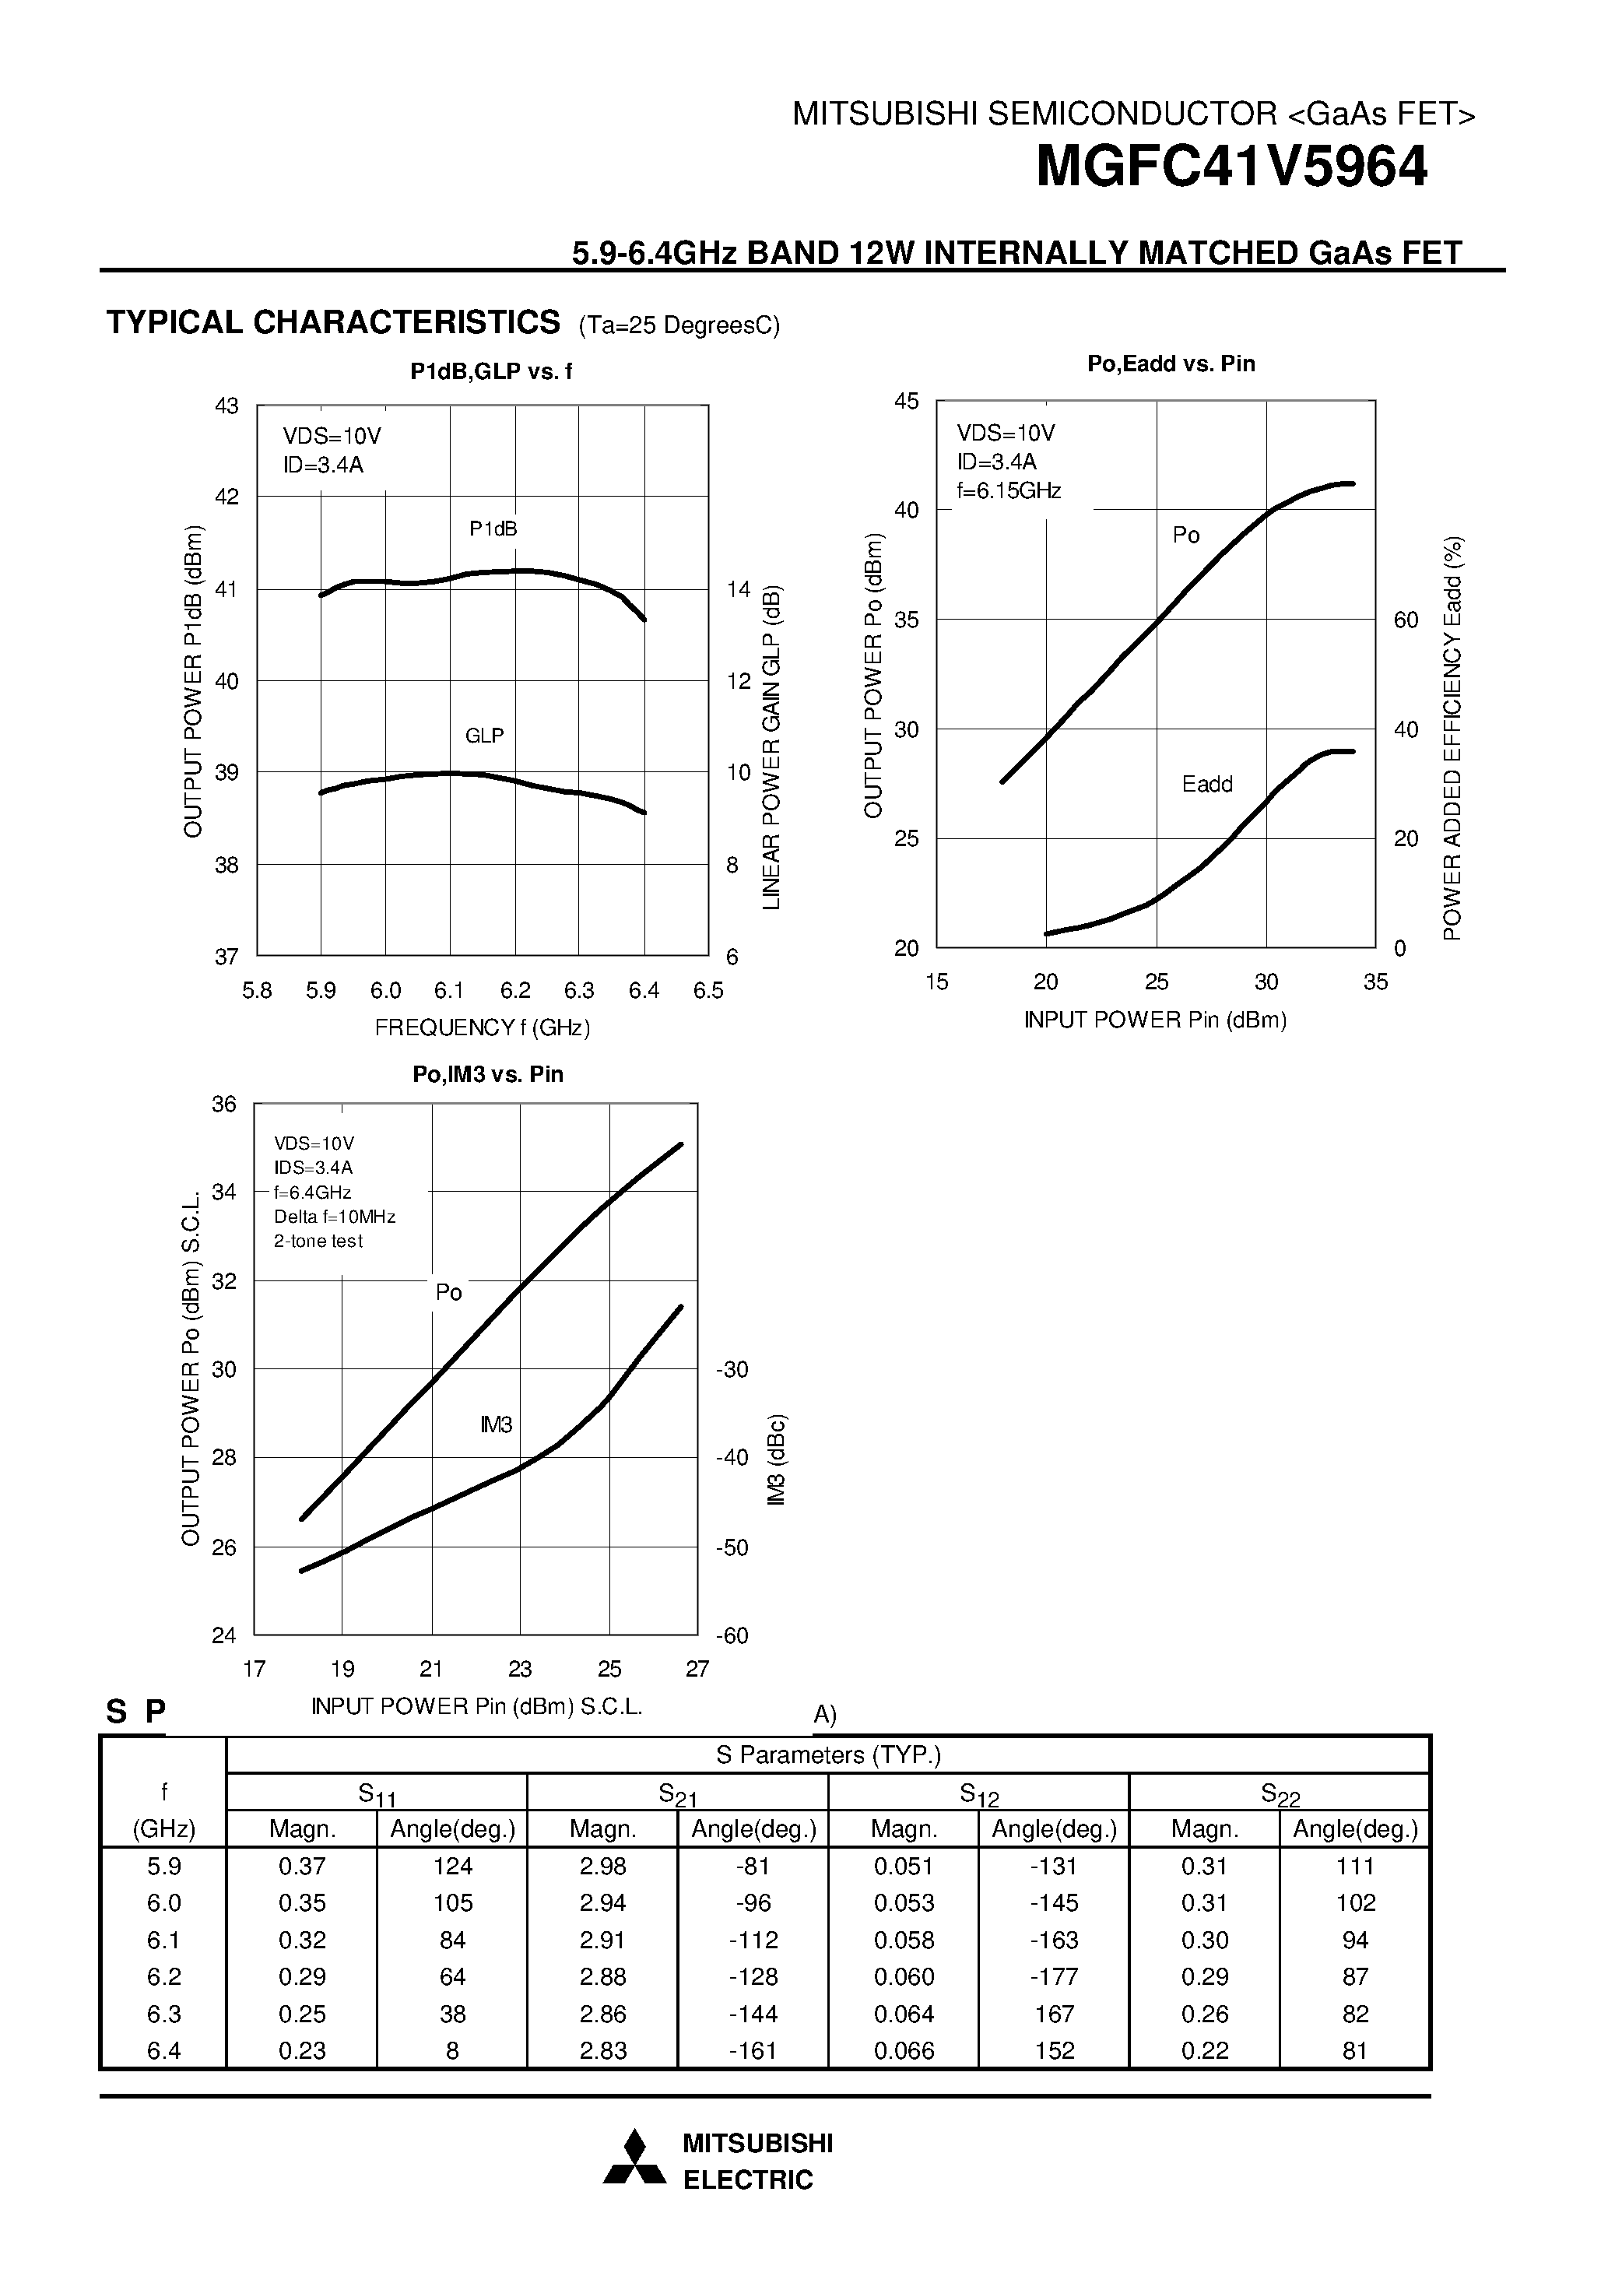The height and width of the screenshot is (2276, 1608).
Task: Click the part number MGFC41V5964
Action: [1231, 167]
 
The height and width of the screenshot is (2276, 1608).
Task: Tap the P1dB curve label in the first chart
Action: [493, 529]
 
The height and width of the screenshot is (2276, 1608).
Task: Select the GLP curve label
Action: [484, 736]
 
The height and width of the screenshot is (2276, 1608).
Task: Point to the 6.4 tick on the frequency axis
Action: [644, 990]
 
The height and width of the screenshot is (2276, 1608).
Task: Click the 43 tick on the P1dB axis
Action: [227, 406]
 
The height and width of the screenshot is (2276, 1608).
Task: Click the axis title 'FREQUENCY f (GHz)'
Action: [482, 1028]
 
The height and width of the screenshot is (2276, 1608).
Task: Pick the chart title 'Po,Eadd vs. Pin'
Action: [1171, 364]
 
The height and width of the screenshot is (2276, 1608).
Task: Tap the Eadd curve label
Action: [1206, 784]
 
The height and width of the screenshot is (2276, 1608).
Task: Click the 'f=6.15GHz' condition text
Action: [1008, 490]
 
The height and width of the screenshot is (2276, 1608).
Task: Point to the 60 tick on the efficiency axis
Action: [1406, 620]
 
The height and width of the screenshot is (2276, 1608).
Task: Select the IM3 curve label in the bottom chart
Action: [496, 1424]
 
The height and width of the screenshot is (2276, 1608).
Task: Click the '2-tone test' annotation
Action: [318, 1241]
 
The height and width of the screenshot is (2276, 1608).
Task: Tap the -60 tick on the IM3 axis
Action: [732, 1635]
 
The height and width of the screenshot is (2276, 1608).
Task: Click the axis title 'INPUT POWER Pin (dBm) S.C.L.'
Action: [477, 1706]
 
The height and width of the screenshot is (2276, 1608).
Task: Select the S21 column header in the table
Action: [676, 1793]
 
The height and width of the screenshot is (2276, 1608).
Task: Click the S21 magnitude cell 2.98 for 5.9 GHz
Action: [602, 1867]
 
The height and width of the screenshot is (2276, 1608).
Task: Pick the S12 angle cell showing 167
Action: [1054, 2014]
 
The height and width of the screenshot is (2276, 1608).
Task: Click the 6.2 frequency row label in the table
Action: [163, 1976]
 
